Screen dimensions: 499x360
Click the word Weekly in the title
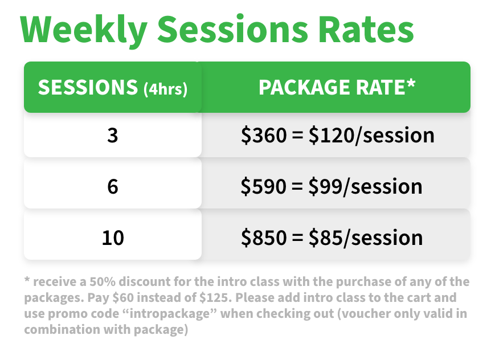(84, 30)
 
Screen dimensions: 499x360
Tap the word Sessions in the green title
(232, 28)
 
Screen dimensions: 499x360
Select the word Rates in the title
(366, 29)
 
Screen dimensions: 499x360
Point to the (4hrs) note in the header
(166, 88)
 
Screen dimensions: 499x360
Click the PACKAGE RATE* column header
(337, 87)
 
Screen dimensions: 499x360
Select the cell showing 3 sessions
(113, 135)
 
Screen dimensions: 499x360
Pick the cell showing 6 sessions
(113, 186)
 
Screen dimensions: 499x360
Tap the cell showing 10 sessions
(113, 238)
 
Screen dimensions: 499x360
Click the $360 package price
(264, 135)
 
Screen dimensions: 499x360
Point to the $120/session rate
(371, 135)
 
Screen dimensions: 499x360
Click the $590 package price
(264, 186)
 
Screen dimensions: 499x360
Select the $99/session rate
(365, 186)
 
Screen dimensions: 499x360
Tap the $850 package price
(264, 238)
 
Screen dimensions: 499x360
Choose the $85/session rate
(366, 238)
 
